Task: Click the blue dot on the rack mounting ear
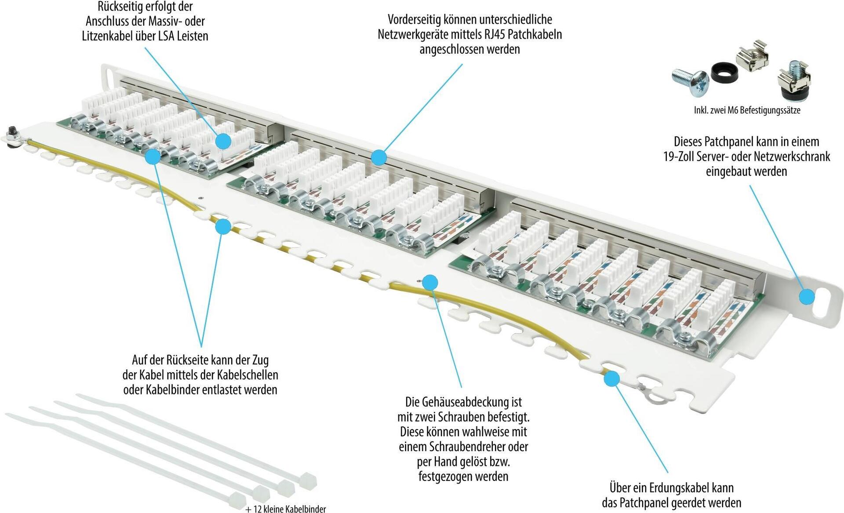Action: click(x=806, y=296)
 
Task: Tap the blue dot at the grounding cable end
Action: click(x=611, y=378)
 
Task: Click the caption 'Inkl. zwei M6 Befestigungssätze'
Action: click(x=747, y=110)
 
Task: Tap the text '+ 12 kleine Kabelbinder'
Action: click(x=286, y=509)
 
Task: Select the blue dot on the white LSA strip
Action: click(x=223, y=141)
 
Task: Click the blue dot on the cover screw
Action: click(x=430, y=282)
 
